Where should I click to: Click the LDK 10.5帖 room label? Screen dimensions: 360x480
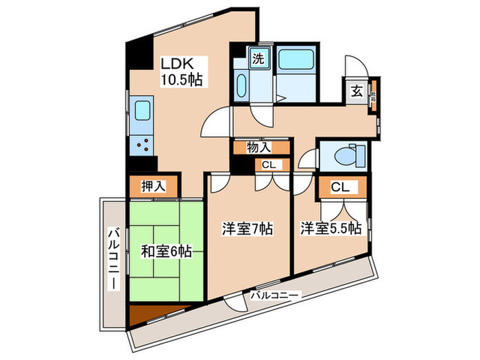[x=181, y=71]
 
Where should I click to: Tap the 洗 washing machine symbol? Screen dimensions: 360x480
[x=259, y=59]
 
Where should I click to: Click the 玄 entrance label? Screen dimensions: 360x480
[x=357, y=91]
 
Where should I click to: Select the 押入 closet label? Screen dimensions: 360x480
[x=153, y=185]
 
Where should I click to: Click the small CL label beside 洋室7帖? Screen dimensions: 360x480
[x=267, y=164]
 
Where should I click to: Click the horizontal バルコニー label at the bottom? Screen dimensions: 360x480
[x=274, y=296]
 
